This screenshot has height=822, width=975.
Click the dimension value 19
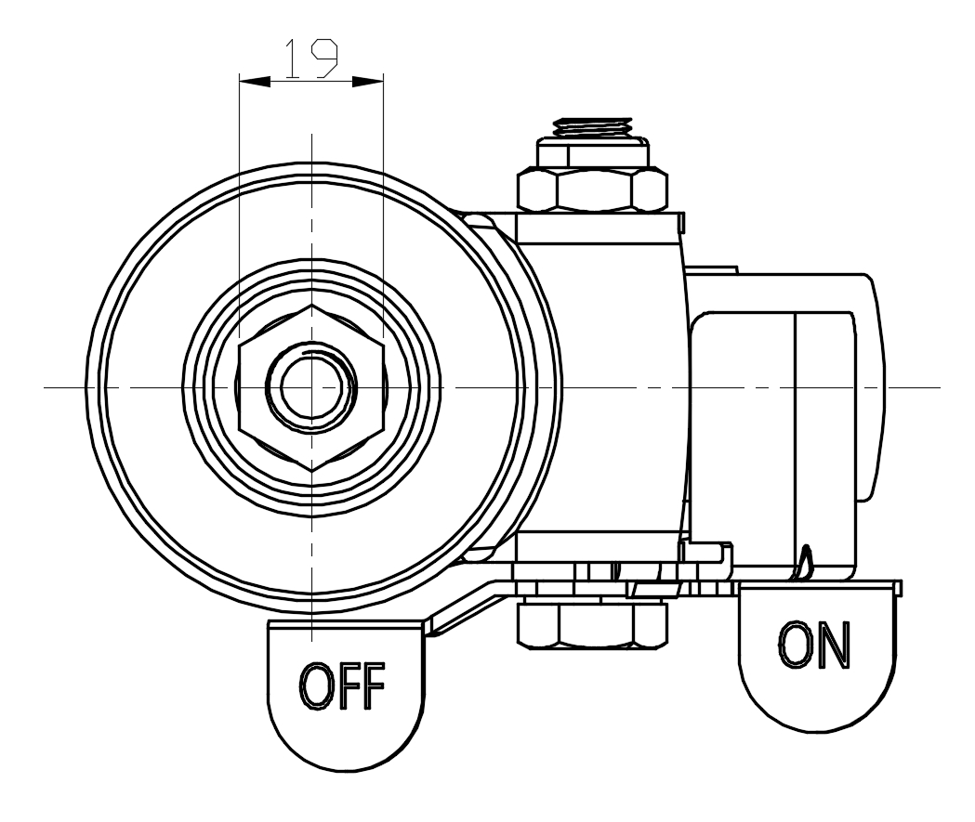pyautogui.click(x=310, y=60)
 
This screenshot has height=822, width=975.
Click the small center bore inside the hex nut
pyautogui.click(x=310, y=386)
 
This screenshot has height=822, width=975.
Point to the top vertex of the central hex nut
pyautogui.click(x=311, y=304)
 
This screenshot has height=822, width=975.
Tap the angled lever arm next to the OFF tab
pyautogui.click(x=465, y=608)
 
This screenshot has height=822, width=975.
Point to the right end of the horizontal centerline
pyautogui.click(x=939, y=386)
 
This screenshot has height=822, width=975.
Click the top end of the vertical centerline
pyautogui.click(x=311, y=136)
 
